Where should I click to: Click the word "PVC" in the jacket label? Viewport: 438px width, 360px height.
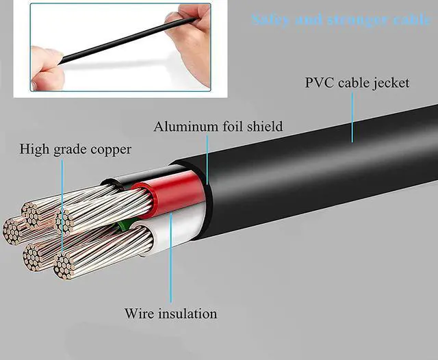[x=319, y=83]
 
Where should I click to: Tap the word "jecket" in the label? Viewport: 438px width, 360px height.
[x=388, y=83]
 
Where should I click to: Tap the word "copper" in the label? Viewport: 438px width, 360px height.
[x=110, y=149]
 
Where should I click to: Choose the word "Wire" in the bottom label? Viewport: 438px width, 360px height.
[x=138, y=314]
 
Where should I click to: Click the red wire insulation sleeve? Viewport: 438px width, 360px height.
[x=175, y=194]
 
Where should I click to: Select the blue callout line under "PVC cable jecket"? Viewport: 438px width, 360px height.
[x=353, y=116]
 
